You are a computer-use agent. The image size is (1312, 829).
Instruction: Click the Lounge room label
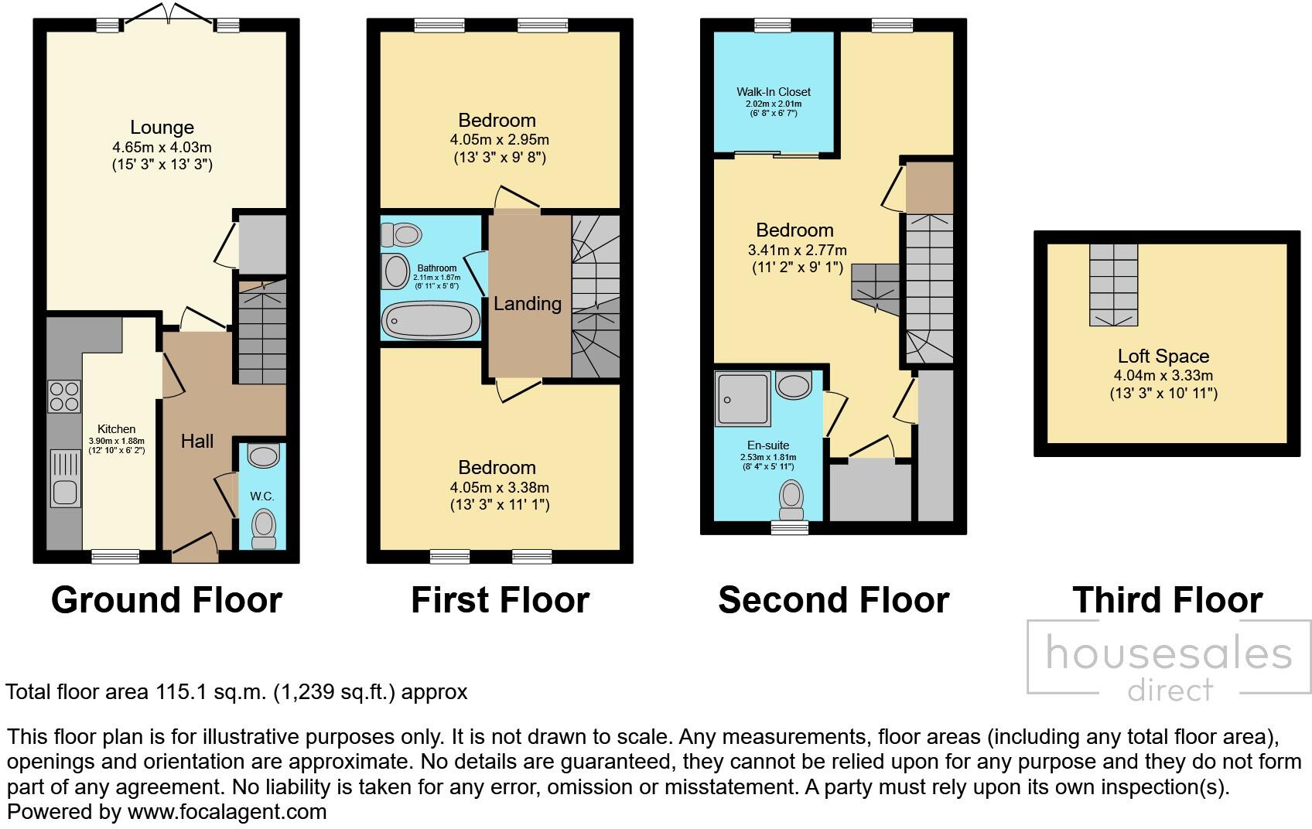[162, 128]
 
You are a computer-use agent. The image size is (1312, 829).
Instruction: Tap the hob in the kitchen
[64, 397]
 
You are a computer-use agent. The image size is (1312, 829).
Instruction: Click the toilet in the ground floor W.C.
[264, 530]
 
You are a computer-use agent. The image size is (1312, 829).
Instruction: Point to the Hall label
[197, 442]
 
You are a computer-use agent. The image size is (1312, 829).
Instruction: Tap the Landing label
[528, 304]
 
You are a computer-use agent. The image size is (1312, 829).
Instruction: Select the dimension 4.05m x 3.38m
[499, 487]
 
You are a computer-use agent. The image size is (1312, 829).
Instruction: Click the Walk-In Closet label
[774, 92]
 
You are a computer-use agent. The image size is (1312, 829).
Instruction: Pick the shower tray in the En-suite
[743, 399]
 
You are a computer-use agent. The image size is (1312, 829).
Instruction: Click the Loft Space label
[1163, 357]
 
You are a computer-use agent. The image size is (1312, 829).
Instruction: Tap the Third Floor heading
[1167, 600]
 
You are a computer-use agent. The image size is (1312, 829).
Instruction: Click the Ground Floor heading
[166, 600]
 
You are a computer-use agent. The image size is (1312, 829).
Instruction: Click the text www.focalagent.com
[227, 812]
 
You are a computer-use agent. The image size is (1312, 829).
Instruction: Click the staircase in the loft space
[1114, 284]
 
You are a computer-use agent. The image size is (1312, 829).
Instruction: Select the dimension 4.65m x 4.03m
[162, 147]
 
